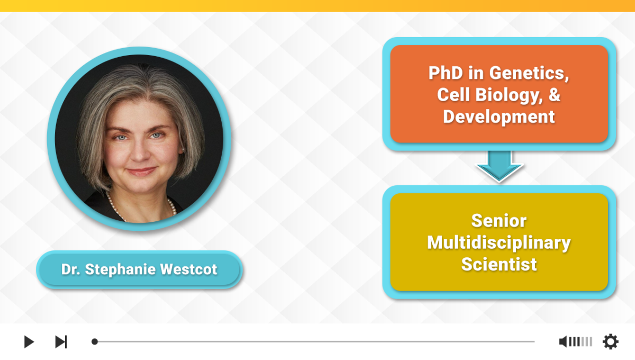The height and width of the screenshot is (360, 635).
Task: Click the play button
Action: point(29,341)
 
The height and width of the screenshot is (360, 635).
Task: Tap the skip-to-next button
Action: point(61,341)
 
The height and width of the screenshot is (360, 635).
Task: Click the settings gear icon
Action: point(611,341)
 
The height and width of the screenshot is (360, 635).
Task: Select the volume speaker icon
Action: point(563,341)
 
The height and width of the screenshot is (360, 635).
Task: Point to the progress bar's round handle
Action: point(95,341)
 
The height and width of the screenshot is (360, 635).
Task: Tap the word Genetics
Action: point(529,74)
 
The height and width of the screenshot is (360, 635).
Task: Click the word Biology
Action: point(509,95)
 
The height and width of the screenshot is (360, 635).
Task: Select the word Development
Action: point(499,117)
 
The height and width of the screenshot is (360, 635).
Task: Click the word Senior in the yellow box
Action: point(499,221)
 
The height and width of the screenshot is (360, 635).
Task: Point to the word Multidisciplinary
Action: point(499,243)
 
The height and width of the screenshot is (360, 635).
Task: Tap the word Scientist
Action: point(499,264)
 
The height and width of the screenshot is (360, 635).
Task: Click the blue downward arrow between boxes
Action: point(499,166)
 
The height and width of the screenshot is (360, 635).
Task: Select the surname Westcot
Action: point(188,269)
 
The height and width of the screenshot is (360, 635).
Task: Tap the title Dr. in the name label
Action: point(70,269)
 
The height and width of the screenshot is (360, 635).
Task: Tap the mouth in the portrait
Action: point(141,172)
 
